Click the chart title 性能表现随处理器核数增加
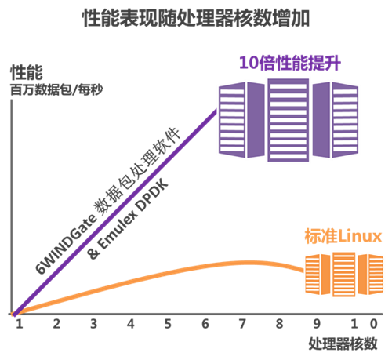[x=196, y=18]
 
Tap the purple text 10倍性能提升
[x=290, y=63]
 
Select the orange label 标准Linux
[x=343, y=236]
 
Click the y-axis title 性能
[x=27, y=72]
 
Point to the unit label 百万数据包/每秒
[x=56, y=89]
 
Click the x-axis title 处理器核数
[x=343, y=344]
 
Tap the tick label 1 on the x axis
[x=19, y=324]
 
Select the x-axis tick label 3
[x=93, y=324]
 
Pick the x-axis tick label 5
[x=168, y=324]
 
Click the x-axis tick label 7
[x=242, y=324]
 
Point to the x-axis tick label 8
[x=279, y=324]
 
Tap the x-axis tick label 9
[x=317, y=324]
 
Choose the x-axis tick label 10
[x=364, y=324]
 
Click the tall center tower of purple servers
[x=289, y=120]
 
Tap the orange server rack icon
[x=344, y=275]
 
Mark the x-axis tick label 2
[x=56, y=324]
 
